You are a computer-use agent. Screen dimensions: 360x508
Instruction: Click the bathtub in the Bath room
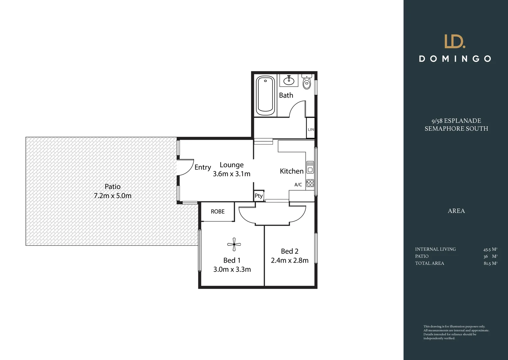pos(265,95)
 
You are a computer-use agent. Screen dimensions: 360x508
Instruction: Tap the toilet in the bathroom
pos(307,82)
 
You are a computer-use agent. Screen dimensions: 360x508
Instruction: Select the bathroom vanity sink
pos(289,80)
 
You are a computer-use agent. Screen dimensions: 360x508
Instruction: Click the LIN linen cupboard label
pos(311,129)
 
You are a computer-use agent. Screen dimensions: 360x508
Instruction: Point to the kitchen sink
pos(310,167)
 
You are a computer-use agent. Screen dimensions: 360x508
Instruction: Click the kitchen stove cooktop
pos(310,183)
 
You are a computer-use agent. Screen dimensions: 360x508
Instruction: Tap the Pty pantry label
pos(259,196)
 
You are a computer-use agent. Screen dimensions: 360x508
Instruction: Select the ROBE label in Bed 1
pos(218,212)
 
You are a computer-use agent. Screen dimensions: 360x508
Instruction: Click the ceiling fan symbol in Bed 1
pos(234,244)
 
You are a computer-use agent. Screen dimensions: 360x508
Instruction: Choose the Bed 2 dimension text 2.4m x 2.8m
pos(289,260)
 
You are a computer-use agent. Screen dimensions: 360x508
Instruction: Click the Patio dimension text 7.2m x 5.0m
pos(113,196)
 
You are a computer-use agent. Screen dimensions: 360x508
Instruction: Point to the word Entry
pos(203,167)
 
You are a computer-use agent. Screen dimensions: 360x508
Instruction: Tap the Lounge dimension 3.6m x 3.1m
pos(232,174)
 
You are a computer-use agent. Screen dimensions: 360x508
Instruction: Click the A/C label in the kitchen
pos(298,185)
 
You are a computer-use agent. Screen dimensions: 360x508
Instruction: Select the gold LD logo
pos(455,41)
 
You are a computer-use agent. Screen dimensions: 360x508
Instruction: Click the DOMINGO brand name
pos(455,59)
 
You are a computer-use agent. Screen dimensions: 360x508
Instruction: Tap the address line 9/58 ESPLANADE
pos(456,121)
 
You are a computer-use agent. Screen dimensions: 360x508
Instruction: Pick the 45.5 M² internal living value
pos(490,249)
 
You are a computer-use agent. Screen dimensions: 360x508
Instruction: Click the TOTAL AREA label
pos(429,263)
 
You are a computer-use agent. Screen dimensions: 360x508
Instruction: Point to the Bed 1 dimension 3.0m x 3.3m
pos(232,269)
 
